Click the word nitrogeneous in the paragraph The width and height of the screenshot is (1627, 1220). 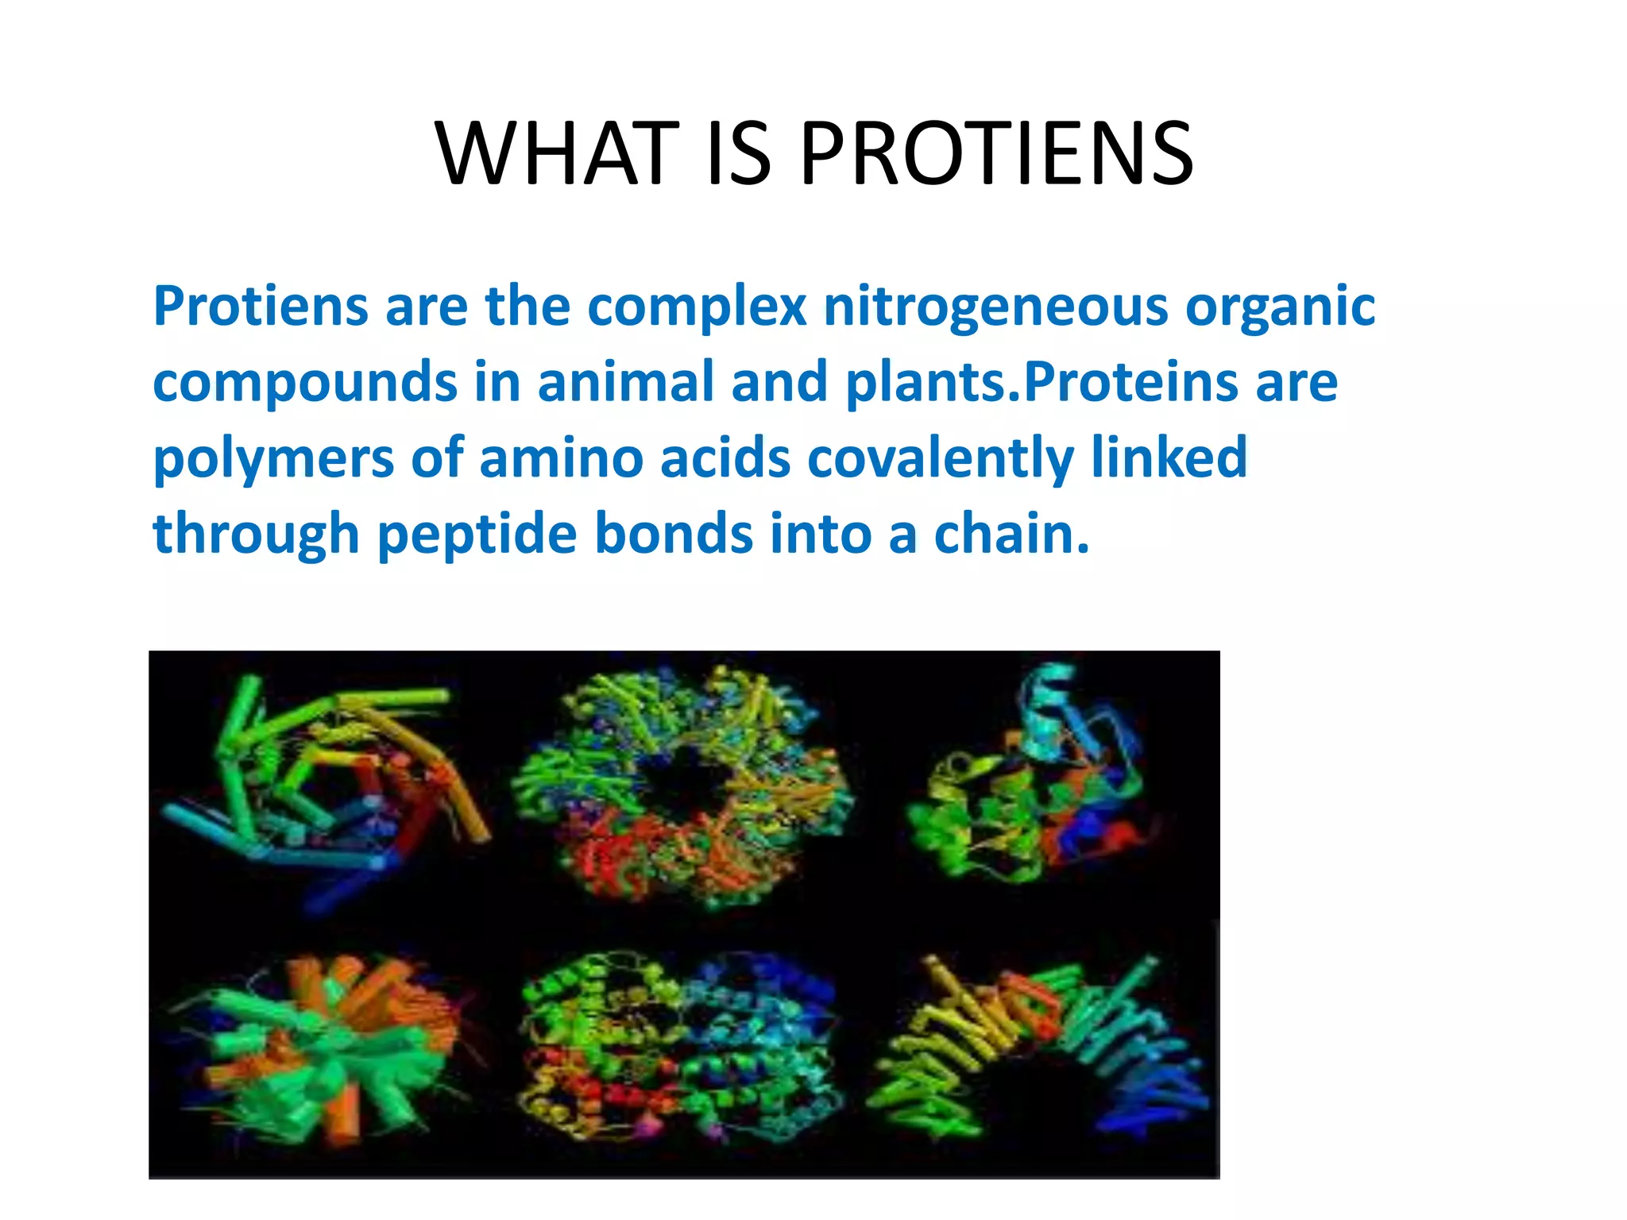click(995, 307)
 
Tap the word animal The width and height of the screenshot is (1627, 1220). click(625, 382)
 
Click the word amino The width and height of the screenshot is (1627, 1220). click(561, 458)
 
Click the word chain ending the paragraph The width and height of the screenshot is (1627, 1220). click(1010, 533)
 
